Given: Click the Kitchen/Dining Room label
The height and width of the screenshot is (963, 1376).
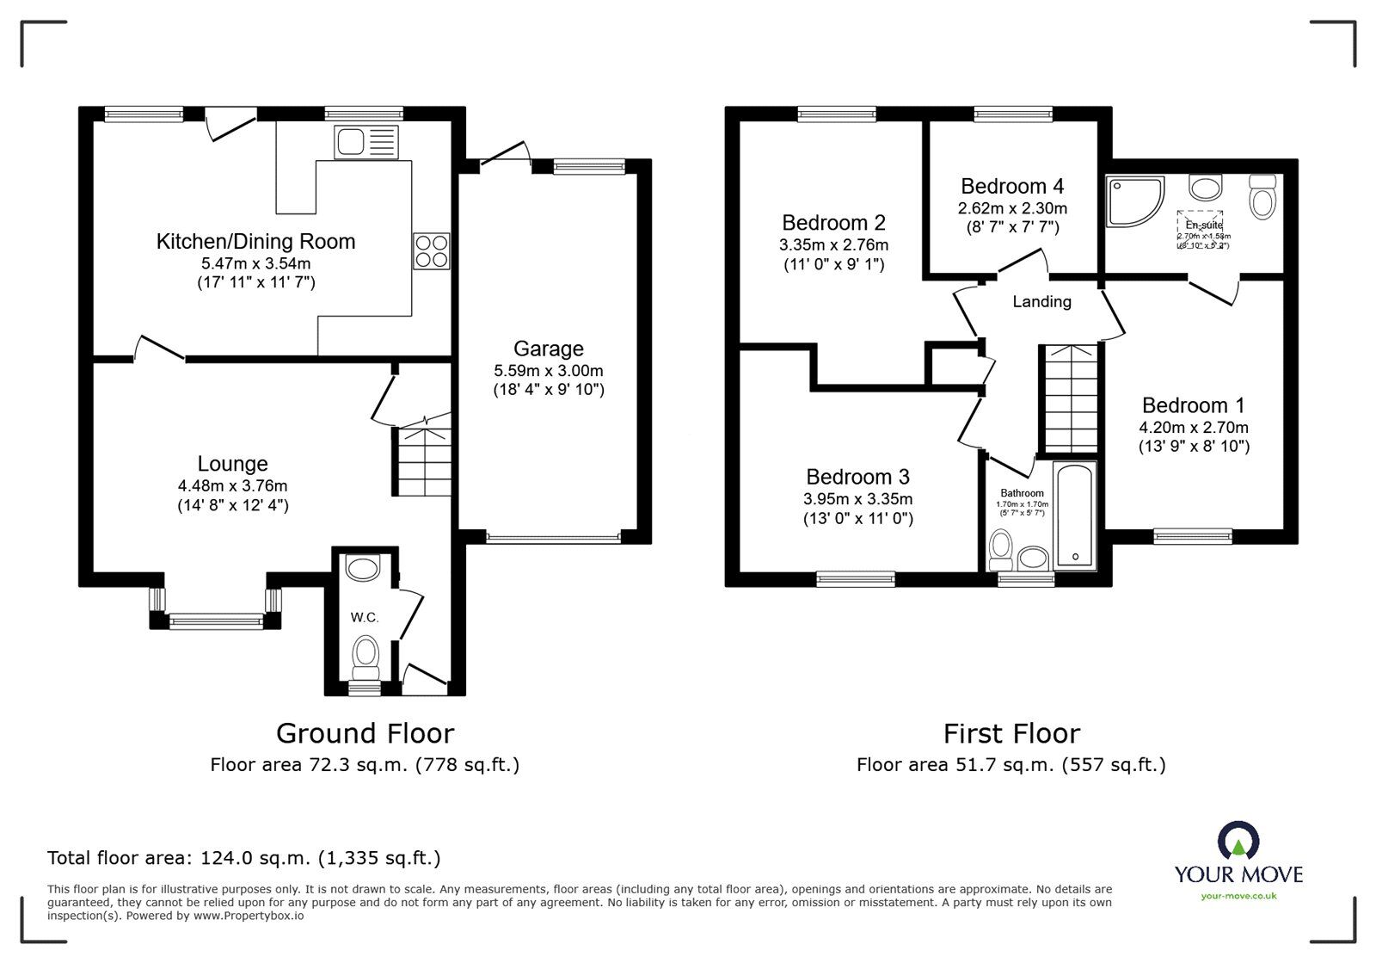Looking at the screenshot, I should (255, 242).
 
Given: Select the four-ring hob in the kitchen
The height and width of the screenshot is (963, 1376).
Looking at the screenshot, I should (431, 250).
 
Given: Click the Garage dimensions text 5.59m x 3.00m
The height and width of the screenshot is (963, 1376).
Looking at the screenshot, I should (549, 371).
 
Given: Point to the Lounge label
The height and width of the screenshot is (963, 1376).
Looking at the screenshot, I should (232, 465).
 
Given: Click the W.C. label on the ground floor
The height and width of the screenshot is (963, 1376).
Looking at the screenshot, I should (364, 618).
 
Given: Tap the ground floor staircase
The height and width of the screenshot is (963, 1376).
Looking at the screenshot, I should (423, 460).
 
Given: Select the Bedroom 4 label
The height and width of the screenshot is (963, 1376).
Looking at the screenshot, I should (1012, 187).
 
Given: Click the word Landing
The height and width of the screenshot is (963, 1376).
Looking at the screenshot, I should (1041, 302).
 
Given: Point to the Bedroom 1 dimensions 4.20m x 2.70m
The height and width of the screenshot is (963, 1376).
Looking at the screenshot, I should (1194, 428).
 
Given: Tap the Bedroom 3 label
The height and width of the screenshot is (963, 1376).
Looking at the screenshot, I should (857, 477).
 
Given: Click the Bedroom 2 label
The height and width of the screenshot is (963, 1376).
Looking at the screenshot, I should (833, 223).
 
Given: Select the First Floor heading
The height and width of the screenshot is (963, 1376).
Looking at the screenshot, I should (1011, 733).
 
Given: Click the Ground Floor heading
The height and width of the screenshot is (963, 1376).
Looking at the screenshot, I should (365, 733).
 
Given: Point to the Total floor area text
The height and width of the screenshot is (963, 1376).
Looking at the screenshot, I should (243, 858).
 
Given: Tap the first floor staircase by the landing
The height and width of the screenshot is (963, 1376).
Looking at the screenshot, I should (1070, 398).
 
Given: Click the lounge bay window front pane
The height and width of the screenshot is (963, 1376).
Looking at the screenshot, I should (216, 620).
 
